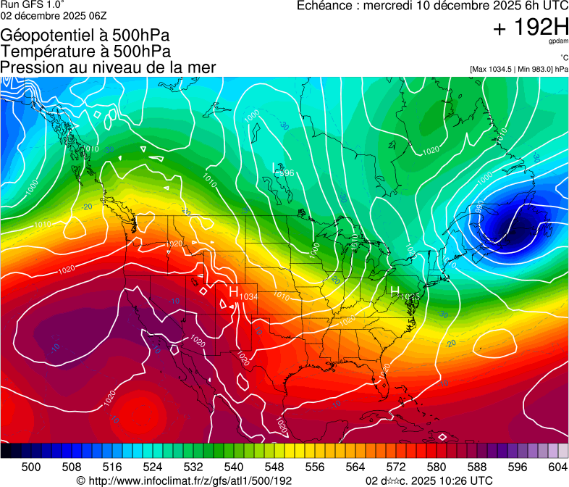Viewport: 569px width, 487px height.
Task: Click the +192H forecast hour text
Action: click(x=530, y=28)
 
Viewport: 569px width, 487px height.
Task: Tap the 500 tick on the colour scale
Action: click(x=31, y=466)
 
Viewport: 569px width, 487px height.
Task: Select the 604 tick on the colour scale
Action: click(x=557, y=466)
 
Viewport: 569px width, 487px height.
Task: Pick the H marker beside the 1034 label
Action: click(x=233, y=291)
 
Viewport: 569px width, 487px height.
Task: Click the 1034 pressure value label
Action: click(x=248, y=296)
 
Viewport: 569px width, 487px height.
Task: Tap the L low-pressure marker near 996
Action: click(x=274, y=168)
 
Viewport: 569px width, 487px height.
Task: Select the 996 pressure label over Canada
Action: click(x=286, y=173)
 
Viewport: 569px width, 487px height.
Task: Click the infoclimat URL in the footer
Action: click(x=185, y=480)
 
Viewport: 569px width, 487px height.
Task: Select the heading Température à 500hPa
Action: click(x=85, y=51)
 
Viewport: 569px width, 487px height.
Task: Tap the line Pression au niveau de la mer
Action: click(x=109, y=67)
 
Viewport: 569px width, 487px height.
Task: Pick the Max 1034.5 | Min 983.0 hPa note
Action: click(x=519, y=69)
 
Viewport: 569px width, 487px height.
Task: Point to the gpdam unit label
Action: click(x=559, y=42)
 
